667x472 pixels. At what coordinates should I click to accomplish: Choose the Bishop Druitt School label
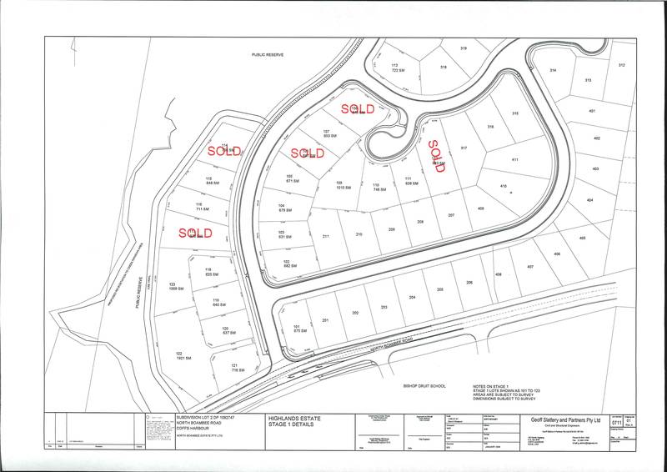coord(424,385)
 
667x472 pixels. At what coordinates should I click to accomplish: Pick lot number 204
coord(411,298)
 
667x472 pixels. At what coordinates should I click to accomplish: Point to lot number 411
coord(515,159)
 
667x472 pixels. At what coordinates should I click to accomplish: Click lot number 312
coord(621,64)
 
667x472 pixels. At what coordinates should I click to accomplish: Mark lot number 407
coord(529,267)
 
